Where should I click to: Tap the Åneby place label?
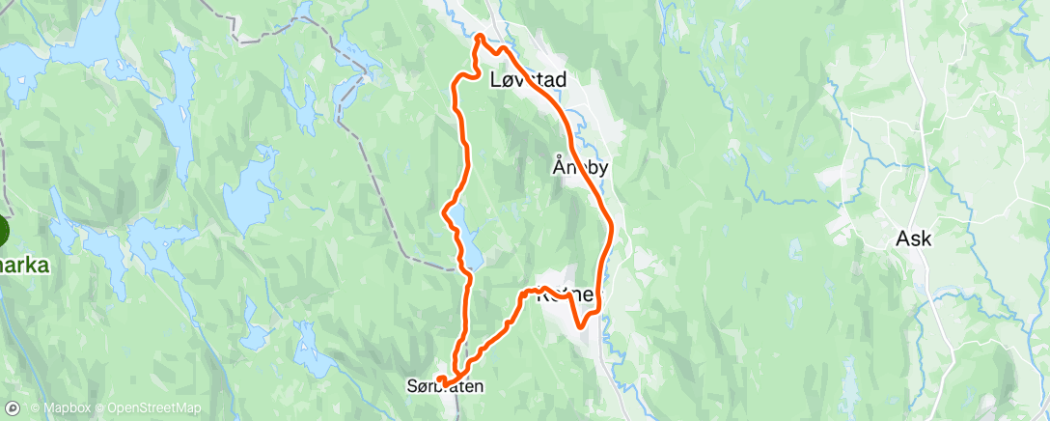click(581, 167)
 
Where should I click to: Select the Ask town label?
click(914, 239)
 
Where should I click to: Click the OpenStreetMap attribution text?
click(153, 408)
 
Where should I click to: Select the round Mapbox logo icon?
click(14, 408)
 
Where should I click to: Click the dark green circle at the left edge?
click(2, 232)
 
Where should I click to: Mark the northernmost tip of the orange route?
click(480, 38)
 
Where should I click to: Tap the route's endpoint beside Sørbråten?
click(439, 379)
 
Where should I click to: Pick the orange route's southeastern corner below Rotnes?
click(582, 326)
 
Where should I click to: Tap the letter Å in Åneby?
click(558, 166)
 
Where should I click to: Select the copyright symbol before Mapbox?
click(35, 408)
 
